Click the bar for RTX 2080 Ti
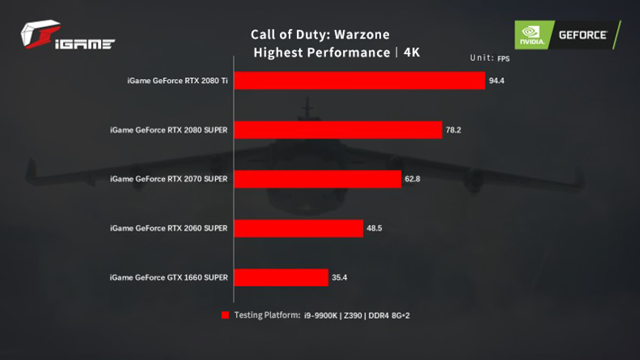(x=360, y=80)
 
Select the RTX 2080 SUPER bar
(x=339, y=130)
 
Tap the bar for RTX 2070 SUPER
(x=318, y=179)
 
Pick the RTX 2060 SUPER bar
(x=299, y=228)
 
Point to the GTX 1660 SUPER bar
(x=281, y=278)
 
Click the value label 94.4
(x=496, y=81)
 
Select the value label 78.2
(x=453, y=130)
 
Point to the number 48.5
(x=374, y=228)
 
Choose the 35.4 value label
(x=340, y=278)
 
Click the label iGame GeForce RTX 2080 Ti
(x=177, y=80)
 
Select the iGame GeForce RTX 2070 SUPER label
(x=169, y=179)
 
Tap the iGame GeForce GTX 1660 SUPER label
(x=169, y=278)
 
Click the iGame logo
(x=67, y=36)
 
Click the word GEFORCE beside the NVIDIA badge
(x=583, y=34)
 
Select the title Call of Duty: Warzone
(x=319, y=35)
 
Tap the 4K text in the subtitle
(x=411, y=53)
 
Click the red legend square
(x=225, y=315)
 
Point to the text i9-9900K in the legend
(x=320, y=315)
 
